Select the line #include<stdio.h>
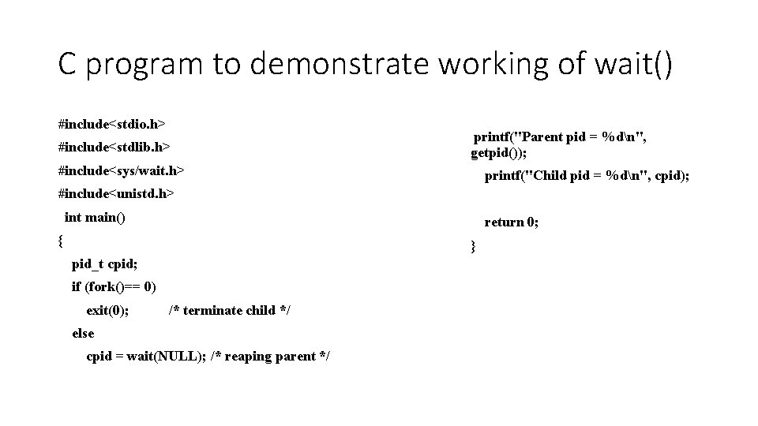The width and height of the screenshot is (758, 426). (111, 124)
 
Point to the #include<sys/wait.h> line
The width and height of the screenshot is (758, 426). (121, 170)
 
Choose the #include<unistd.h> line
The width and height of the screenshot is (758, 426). (116, 193)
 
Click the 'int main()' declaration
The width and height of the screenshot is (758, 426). (95, 217)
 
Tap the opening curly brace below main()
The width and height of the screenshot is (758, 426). (62, 239)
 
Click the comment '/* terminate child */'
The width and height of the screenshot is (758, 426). (229, 310)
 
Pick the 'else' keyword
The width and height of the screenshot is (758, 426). (82, 333)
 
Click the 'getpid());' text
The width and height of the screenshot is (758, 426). (499, 152)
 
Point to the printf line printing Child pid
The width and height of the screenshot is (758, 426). (586, 176)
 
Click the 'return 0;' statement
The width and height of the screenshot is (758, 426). (511, 222)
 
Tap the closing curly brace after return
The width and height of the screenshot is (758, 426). (473, 247)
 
